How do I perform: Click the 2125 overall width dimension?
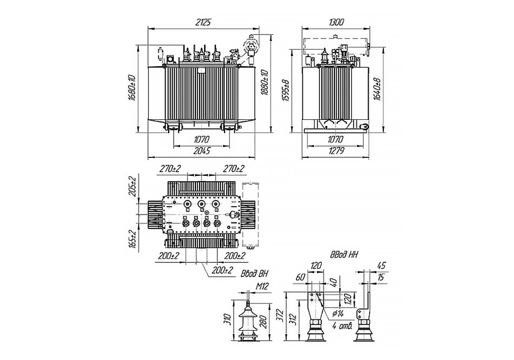[x=204, y=22]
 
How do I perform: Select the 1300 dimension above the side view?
[x=334, y=22]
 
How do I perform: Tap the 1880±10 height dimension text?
[x=265, y=82]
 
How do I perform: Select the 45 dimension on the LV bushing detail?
[x=381, y=265]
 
